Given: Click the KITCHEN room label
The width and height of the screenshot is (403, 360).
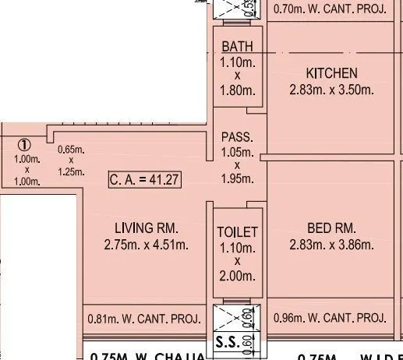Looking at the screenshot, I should coord(331,72).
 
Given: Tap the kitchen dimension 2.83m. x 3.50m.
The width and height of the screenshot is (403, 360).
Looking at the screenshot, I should coord(331,89).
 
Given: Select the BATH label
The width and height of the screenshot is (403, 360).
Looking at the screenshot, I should coord(237,48).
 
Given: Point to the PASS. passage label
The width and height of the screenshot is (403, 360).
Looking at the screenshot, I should coord(237,136).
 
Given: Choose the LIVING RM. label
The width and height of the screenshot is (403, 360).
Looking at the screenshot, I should coord(147,229).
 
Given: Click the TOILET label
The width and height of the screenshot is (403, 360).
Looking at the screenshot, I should coord(237,232).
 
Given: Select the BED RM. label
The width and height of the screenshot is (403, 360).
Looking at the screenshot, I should coord(331,228).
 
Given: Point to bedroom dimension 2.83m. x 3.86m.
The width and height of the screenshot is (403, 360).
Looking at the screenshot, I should coord(331,245).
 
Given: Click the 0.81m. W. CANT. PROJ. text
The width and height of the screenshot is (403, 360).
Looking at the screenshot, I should coord(144,319).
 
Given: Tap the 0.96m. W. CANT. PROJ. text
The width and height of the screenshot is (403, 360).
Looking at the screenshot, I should coord(331,318).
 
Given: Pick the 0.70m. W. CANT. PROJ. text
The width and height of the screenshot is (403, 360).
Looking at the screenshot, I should coord(331,10).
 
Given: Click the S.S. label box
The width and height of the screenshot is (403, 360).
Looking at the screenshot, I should coord(225,342).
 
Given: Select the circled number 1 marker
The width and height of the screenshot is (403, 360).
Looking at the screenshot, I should coord(24,144).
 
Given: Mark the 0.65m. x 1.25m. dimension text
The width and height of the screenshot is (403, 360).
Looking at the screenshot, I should coord(71,161).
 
